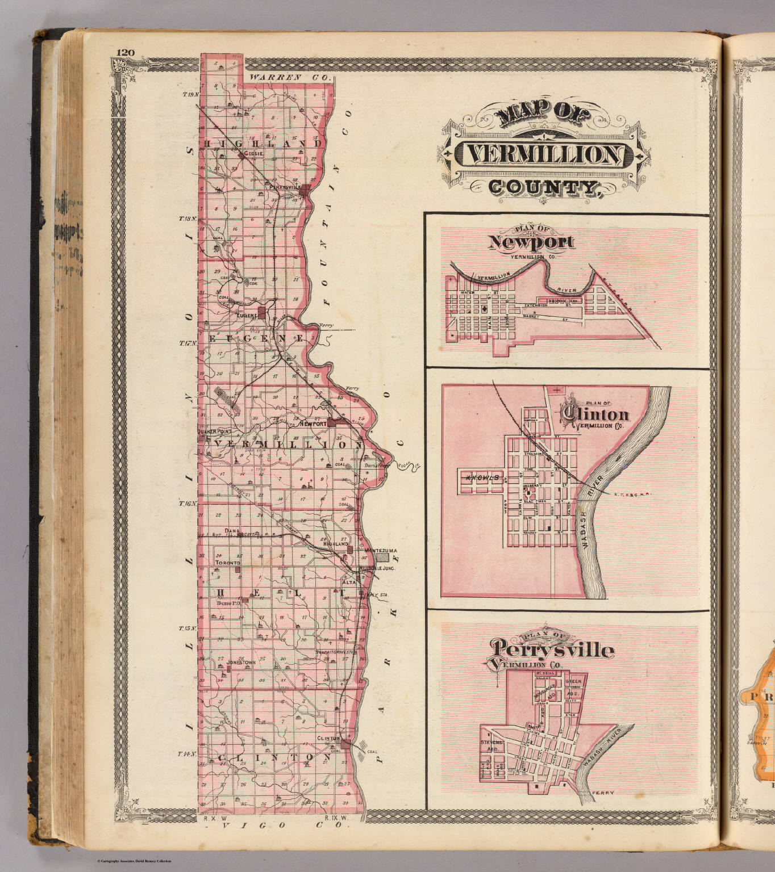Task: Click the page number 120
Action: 125,53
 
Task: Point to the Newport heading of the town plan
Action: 532,243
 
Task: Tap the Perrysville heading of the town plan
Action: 553,649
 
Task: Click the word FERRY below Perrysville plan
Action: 601,793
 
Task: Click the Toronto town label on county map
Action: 227,562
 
